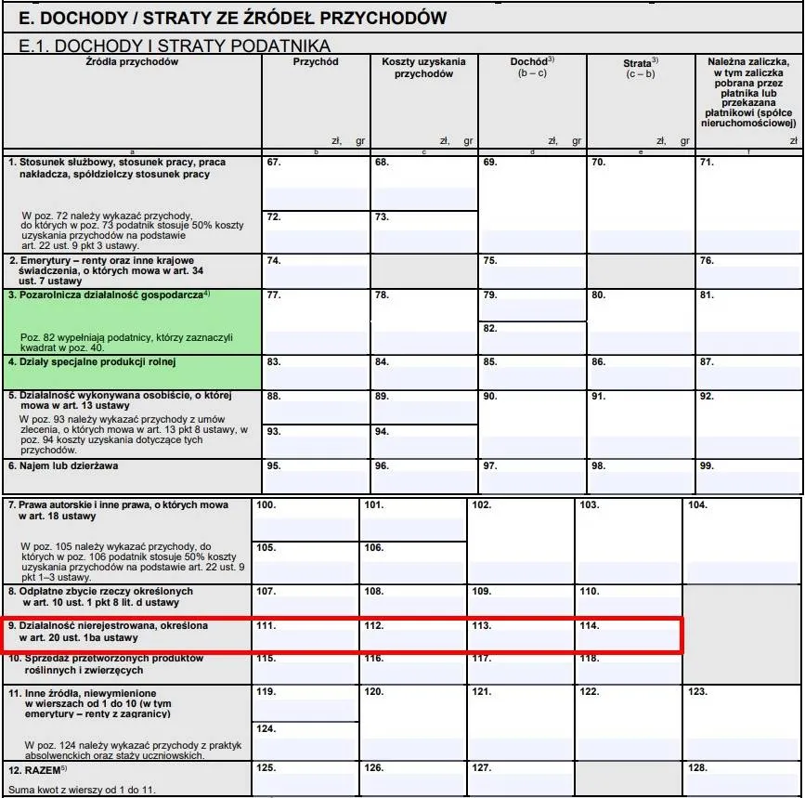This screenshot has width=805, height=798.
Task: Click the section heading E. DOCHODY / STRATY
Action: pos(227,18)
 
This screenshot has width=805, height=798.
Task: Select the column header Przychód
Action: pos(316,62)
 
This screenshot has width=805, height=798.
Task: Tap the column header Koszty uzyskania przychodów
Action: pos(423,68)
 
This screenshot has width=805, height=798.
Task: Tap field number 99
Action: pos(748,475)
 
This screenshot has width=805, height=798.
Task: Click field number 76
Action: pos(748,270)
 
